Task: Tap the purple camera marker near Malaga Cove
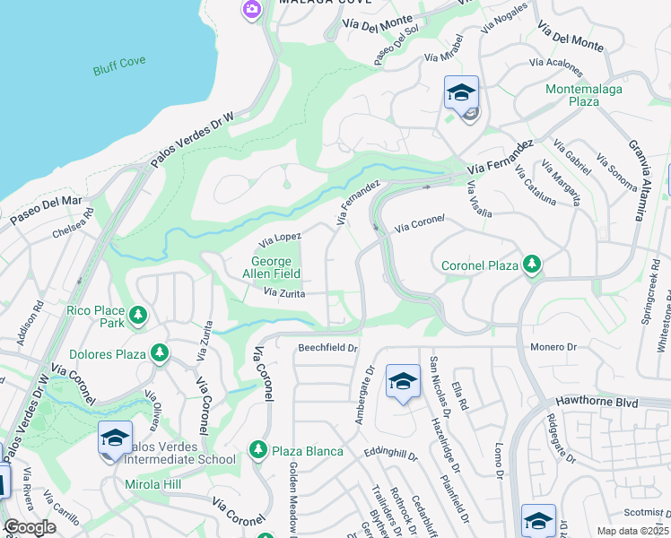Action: pos(251,9)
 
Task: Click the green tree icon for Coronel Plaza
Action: pos(532,264)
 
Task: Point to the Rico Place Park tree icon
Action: pos(137,315)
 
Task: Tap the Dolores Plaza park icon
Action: pos(159,353)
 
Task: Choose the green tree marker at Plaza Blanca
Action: pos(258,450)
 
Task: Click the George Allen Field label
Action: pos(272,267)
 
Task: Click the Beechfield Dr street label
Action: pos(327,347)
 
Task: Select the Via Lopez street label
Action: pos(280,239)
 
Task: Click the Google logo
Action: pos(30,527)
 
